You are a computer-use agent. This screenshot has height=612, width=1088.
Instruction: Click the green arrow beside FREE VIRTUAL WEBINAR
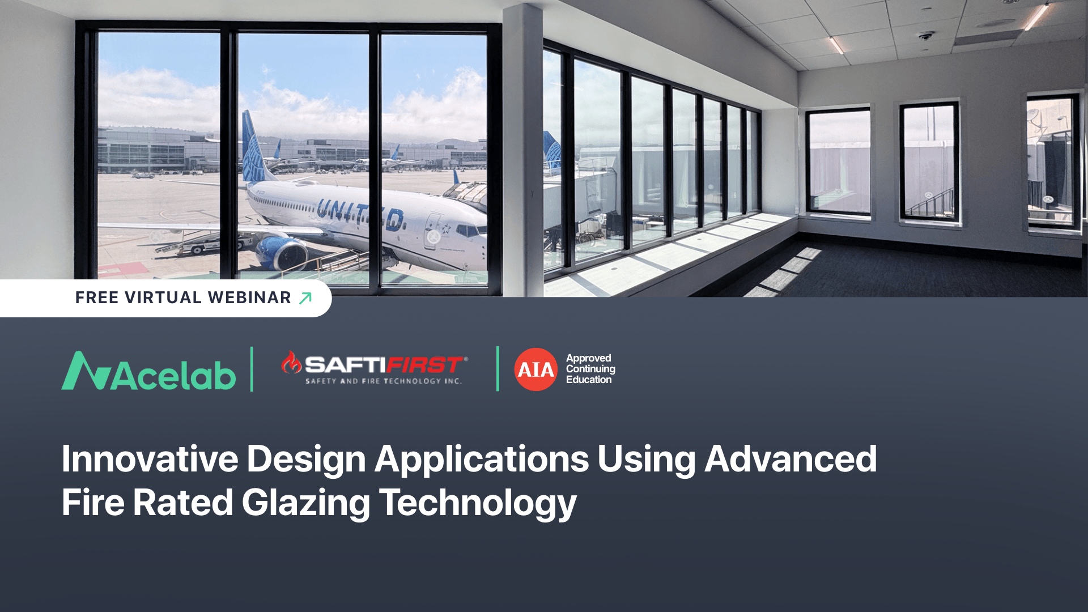point(305,298)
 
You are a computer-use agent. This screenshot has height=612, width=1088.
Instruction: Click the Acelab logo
point(148,372)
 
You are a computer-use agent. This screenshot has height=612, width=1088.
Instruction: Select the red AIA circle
point(535,369)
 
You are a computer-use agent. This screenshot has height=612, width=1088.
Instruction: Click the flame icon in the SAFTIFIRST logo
point(291,363)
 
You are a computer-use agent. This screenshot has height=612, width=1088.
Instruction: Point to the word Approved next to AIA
point(588,358)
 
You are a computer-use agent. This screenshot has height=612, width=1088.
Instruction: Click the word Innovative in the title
point(150,458)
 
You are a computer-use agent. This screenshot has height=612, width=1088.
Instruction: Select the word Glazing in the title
point(305,503)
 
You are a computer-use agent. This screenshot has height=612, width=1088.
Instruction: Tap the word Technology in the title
point(477,503)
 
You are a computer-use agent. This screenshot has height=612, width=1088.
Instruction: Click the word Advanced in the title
point(790,458)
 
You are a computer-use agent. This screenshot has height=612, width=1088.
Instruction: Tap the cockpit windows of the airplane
point(470,230)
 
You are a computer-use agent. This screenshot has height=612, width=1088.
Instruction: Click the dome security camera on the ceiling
point(925,36)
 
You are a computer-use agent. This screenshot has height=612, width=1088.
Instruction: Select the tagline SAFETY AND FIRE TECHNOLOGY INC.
point(383,381)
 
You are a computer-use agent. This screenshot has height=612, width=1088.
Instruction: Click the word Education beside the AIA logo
point(588,380)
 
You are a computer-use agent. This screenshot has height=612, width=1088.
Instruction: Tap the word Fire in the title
point(92,503)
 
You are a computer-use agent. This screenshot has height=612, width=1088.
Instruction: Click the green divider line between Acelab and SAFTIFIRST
point(252,369)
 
